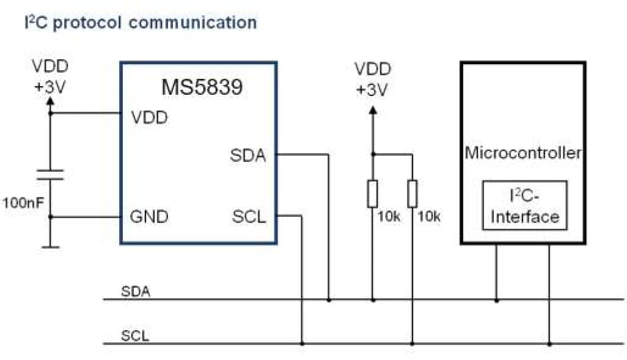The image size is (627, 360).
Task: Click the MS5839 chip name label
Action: tap(201, 87)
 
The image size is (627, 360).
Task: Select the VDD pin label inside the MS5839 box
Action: tap(149, 117)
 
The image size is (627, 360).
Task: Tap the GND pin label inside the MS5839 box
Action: tap(149, 216)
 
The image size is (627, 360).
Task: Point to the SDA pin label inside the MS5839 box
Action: tap(248, 156)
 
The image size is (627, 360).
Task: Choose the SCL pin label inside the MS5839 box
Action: tap(249, 216)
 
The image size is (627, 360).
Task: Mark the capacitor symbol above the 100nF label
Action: tap(50, 175)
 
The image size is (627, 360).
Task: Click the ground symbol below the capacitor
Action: tap(50, 247)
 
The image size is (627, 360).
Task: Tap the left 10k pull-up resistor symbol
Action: tap(372, 194)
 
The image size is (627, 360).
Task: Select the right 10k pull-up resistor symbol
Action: tap(413, 194)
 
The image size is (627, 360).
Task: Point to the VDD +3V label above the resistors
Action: tap(373, 79)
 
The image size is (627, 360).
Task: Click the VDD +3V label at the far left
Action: tap(50, 76)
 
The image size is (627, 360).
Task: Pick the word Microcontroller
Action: tap(522, 152)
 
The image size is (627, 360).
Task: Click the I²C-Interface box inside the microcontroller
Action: tap(524, 205)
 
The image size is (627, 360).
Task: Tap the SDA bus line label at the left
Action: tap(135, 290)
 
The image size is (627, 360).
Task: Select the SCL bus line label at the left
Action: tap(134, 335)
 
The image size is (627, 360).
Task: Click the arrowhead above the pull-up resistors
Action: tap(372, 110)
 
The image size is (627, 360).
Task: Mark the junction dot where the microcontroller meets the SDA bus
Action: tap(496, 300)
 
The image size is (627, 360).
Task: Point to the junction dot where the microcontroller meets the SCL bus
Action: tap(549, 344)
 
